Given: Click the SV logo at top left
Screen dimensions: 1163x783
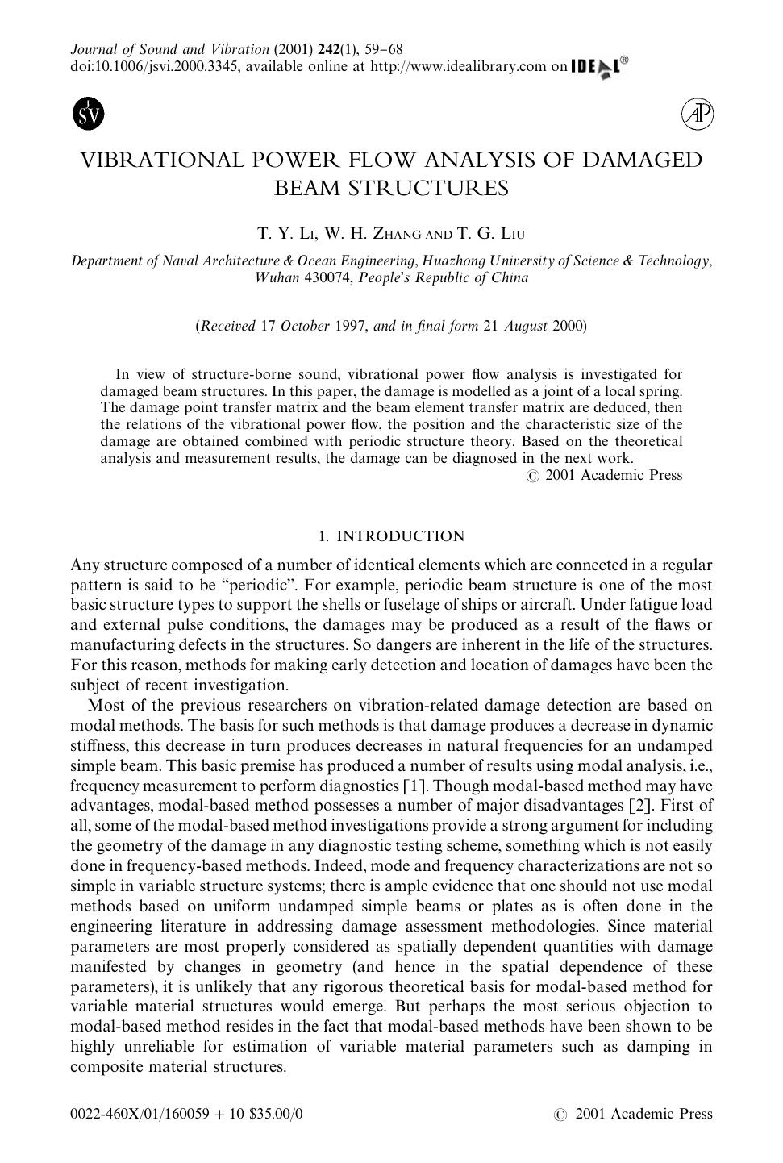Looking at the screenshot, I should tap(89, 115).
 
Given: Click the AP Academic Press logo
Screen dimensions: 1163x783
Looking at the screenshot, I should tap(697, 115).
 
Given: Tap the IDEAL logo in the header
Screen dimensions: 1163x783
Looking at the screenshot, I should tap(598, 67).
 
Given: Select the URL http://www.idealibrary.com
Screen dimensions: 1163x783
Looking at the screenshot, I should tap(458, 67).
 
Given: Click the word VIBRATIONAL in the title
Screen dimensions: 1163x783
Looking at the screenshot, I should tap(161, 160).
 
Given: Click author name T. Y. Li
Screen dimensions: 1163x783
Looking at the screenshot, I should tap(285, 235).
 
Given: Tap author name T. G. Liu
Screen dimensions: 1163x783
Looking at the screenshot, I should tap(491, 235).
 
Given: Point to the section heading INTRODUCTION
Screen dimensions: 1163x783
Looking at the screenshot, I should tap(400, 537).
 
